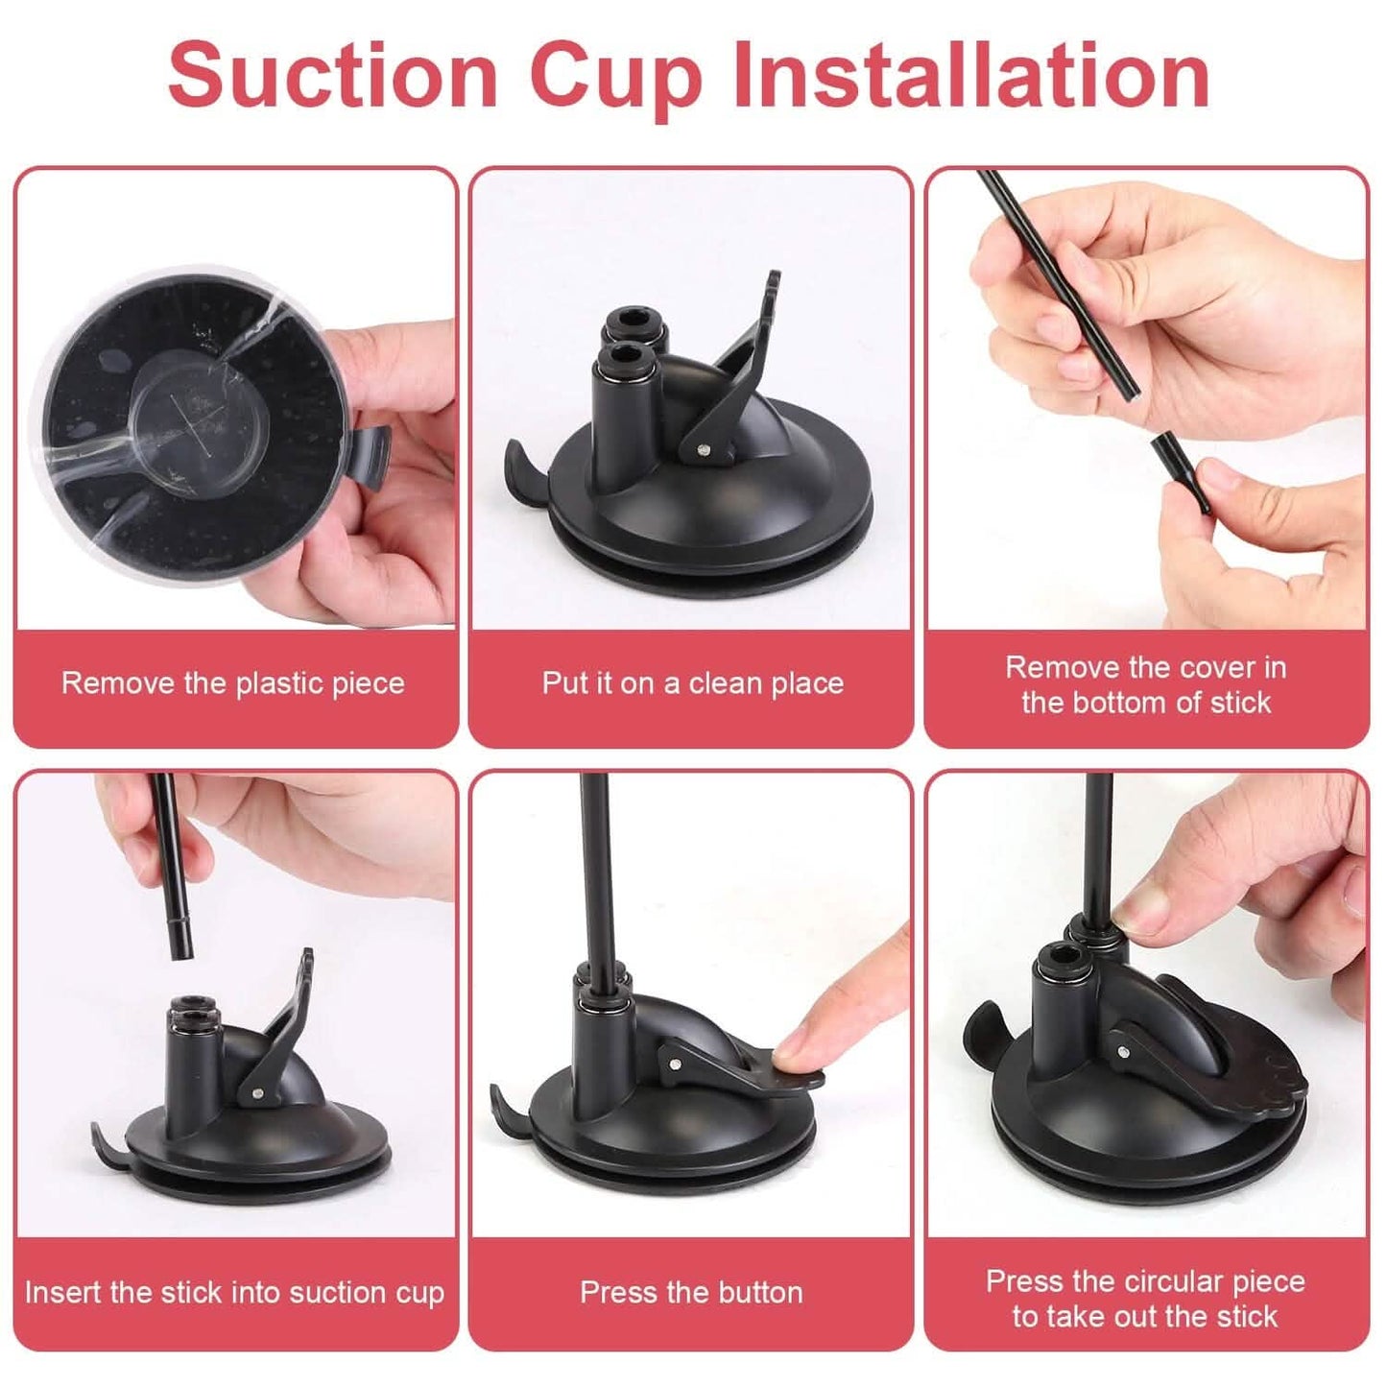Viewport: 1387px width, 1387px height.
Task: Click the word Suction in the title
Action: pos(332,76)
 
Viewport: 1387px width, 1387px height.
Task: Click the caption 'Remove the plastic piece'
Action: pos(233,683)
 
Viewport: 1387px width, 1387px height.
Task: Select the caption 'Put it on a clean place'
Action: pos(692,683)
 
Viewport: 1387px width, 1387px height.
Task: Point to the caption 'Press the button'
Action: pos(691,1292)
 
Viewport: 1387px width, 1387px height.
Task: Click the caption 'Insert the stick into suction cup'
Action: pos(234,1293)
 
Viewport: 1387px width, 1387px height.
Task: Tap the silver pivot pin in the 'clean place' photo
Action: pos(704,450)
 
